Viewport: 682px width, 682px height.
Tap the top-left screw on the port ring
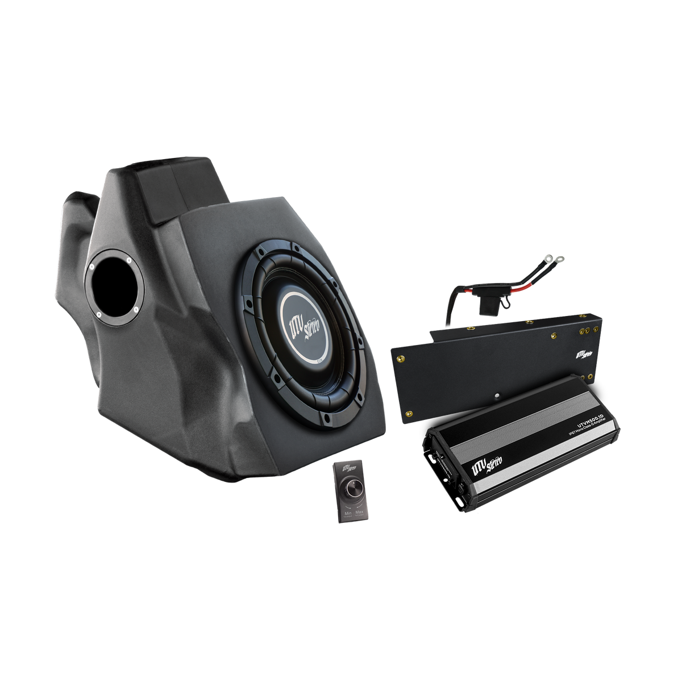pos(92,265)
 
